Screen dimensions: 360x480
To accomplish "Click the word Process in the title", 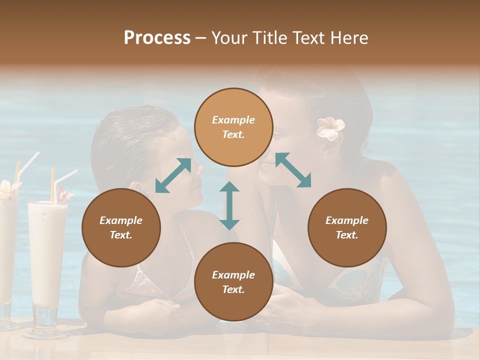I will click(157, 38).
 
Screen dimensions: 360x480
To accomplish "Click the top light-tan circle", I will click(233, 127).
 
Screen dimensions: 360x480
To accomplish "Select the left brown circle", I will click(121, 228).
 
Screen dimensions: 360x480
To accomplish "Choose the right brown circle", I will click(347, 228).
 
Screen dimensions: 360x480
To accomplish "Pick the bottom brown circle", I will click(233, 282).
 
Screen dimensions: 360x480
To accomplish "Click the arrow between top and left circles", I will click(173, 175).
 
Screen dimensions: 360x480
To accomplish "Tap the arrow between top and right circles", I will click(293, 170).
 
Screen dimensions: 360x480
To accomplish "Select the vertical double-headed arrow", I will click(229, 205).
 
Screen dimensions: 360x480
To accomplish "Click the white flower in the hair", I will click(330, 128).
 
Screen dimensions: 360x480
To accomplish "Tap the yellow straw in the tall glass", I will click(52, 185).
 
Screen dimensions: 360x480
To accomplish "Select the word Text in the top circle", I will click(233, 134).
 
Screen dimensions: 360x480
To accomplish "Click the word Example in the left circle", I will click(121, 220).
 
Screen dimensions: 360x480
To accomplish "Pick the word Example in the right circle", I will click(347, 220).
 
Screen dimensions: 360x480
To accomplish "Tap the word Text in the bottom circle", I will click(233, 289).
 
